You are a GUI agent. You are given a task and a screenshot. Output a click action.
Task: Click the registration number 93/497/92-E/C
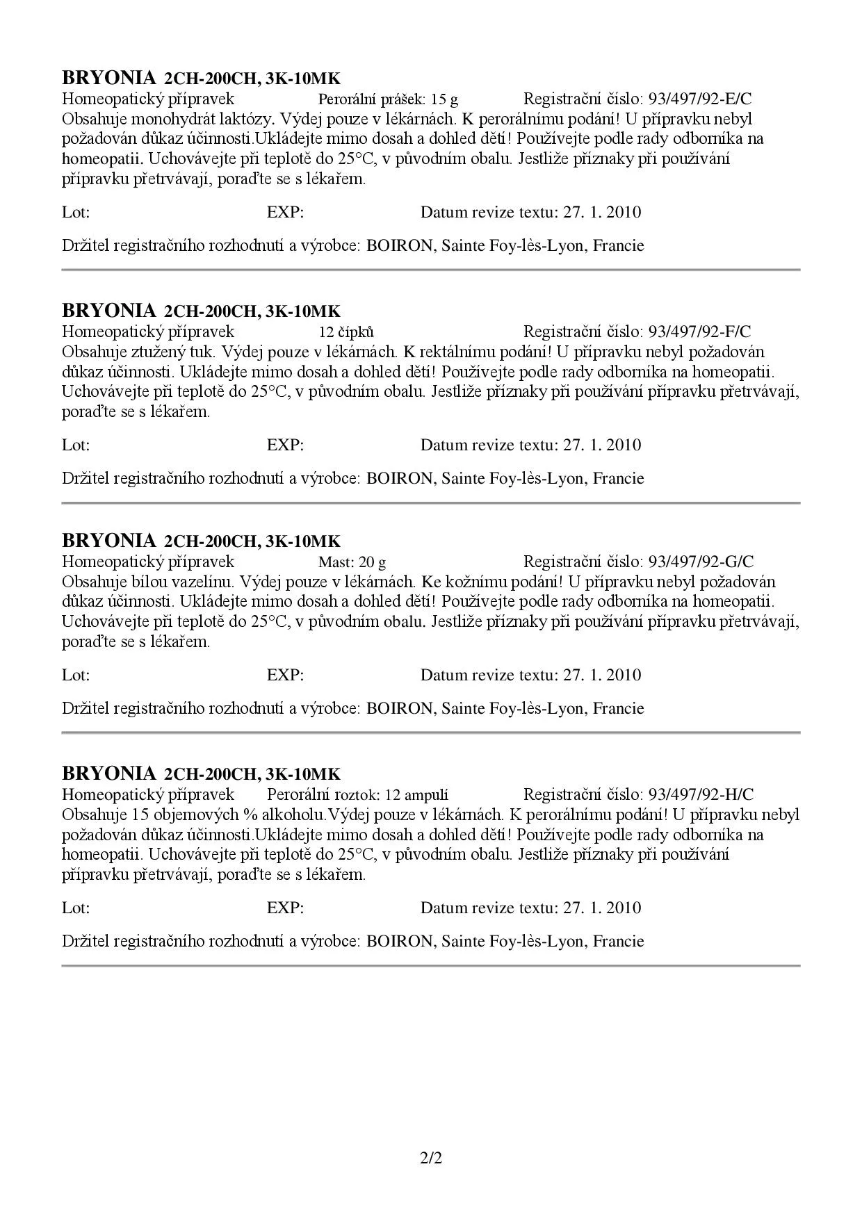click(699, 99)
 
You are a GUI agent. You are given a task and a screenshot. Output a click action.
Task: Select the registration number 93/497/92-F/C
click(699, 332)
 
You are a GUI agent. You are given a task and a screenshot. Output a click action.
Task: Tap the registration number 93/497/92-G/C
click(701, 562)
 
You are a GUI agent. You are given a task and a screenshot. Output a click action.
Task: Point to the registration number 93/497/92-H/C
click(701, 794)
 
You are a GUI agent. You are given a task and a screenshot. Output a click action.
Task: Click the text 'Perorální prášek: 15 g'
click(388, 99)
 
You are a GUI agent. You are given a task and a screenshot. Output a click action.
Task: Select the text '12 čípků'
click(346, 332)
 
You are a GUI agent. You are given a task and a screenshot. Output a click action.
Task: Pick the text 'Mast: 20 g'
click(352, 562)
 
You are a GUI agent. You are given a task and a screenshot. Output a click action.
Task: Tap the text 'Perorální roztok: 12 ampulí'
click(357, 794)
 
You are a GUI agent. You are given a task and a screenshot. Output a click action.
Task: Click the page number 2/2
click(431, 1159)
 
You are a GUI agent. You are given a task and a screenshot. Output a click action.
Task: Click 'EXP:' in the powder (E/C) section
click(285, 213)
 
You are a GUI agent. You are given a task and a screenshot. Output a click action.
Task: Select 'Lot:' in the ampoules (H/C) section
click(76, 908)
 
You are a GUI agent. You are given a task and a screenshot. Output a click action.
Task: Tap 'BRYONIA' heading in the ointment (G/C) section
click(109, 540)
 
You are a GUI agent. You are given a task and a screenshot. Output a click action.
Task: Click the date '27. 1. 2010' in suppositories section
click(602, 445)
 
